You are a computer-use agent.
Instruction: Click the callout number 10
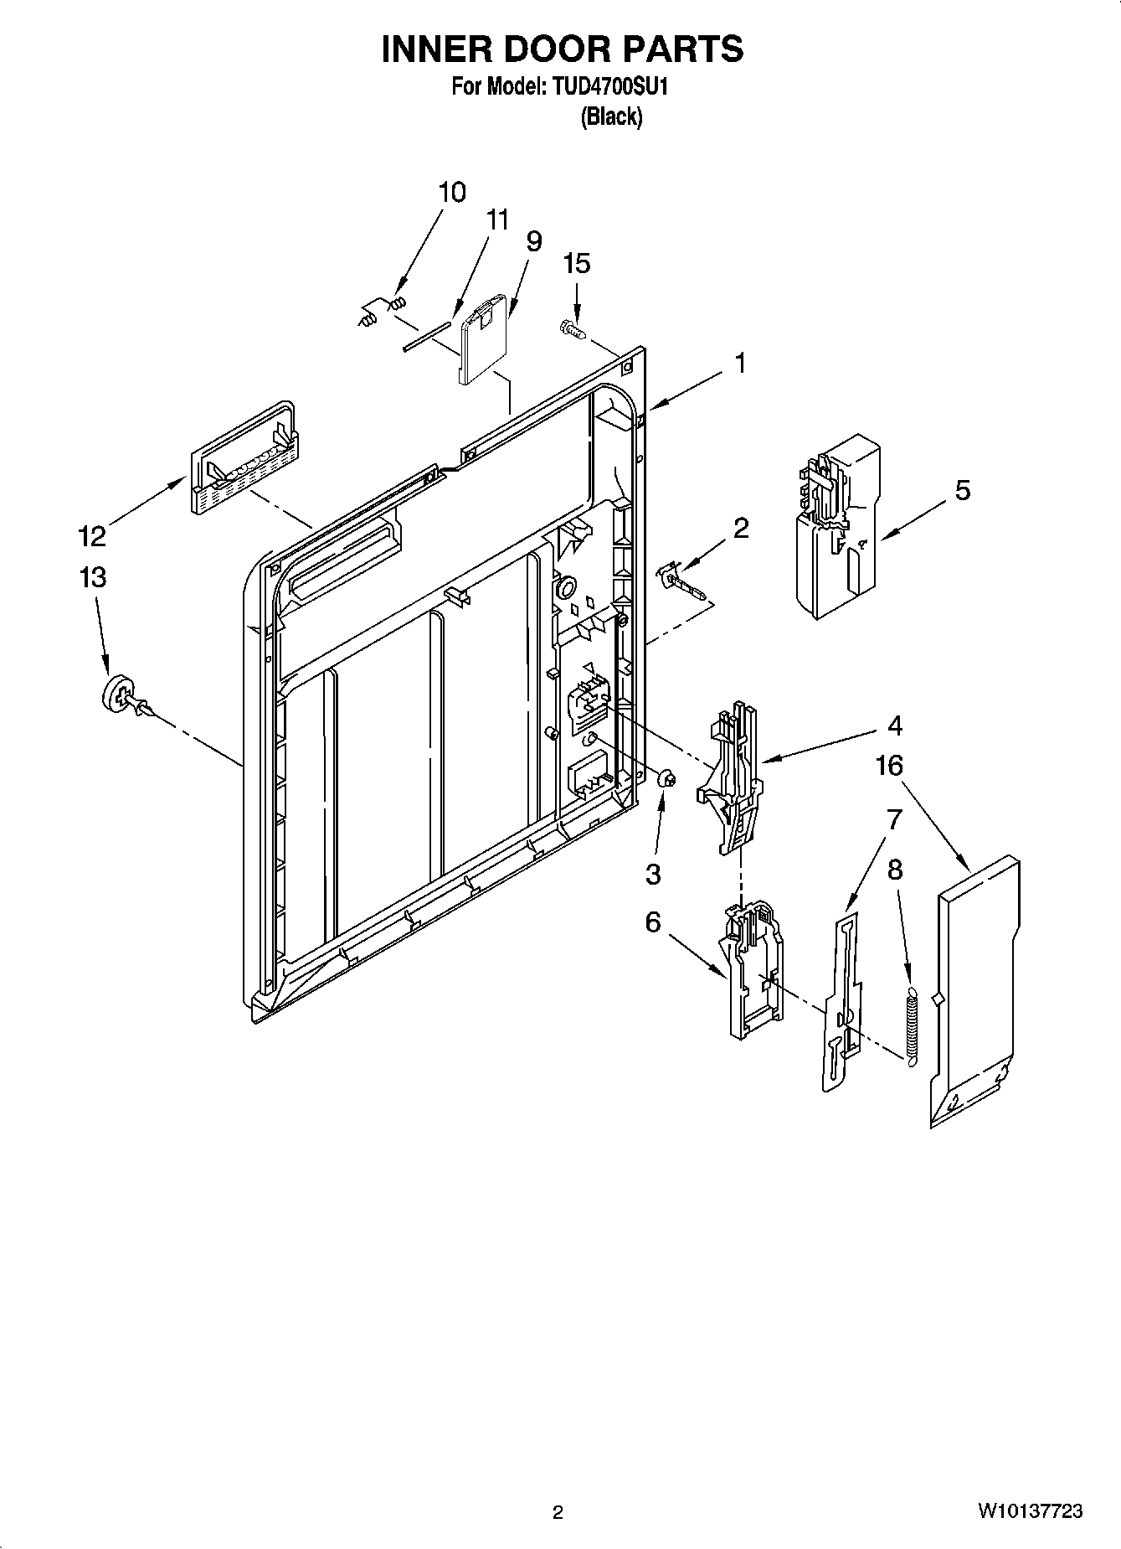pos(452,192)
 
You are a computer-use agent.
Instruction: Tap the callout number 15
pos(576,263)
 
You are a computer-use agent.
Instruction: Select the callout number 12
pos(92,534)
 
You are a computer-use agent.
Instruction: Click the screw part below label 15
pos(571,329)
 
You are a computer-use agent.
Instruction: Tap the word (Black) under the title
pos(611,117)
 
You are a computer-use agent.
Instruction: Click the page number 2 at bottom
pos(558,1513)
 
